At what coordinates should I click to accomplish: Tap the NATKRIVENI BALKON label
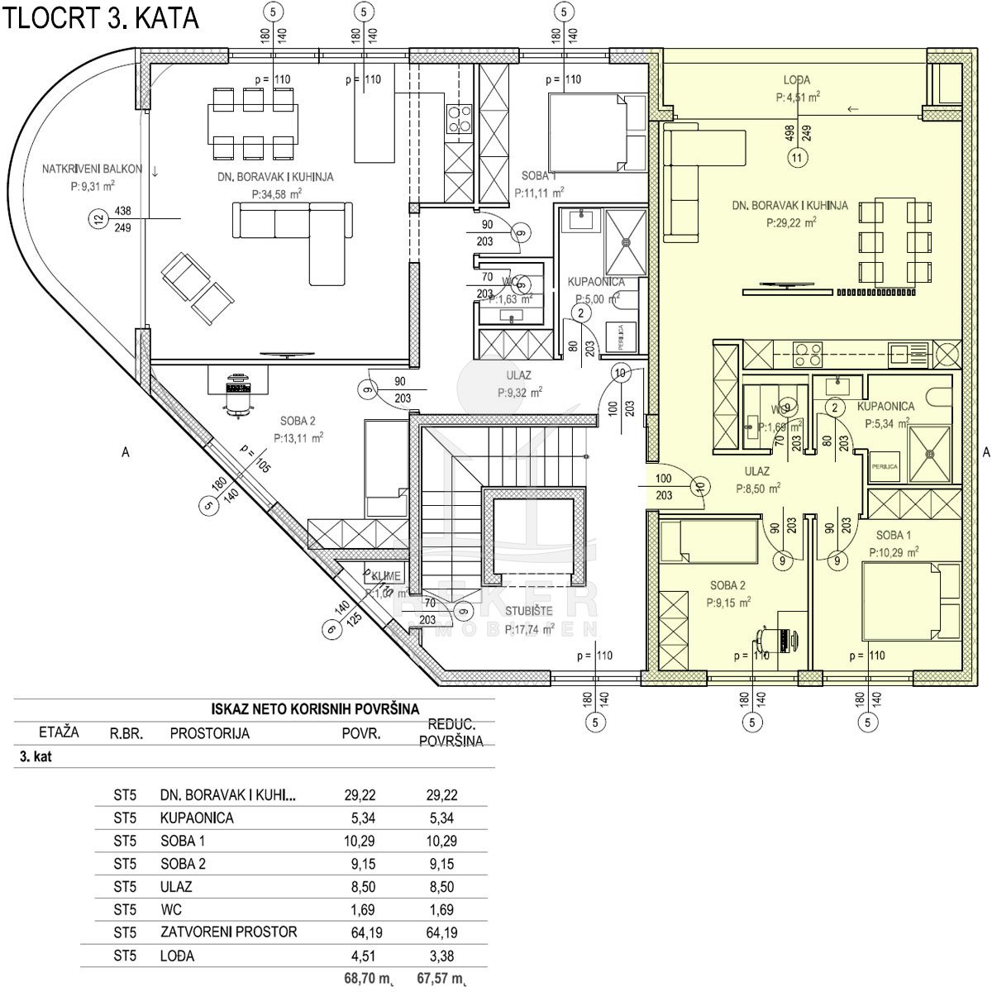93,169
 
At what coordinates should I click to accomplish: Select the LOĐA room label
797,80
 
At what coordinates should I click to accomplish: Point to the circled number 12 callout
99,218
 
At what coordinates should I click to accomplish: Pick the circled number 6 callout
331,630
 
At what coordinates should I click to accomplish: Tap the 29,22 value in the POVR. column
360,795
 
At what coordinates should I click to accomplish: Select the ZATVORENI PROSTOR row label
228,932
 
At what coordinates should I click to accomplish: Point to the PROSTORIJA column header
209,733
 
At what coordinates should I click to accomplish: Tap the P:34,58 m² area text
276,194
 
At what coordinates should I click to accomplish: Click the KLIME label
386,576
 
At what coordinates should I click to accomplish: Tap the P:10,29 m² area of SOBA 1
894,551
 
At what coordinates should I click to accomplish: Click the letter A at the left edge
125,452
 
